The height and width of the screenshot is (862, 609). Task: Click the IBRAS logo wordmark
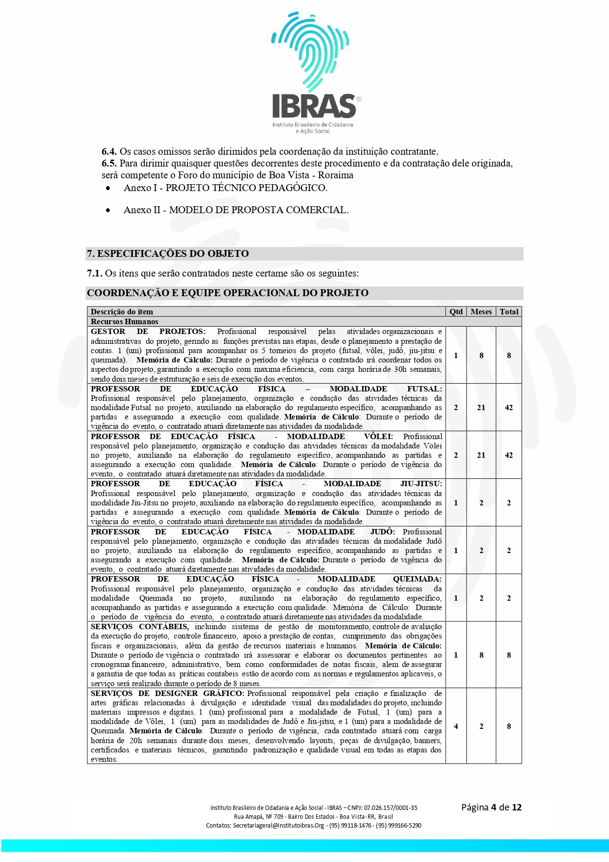[x=314, y=106]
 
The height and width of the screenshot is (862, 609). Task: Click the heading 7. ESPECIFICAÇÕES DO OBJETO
[x=168, y=254]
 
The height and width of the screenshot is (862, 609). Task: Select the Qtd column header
[x=456, y=311]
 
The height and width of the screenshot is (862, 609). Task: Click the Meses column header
[x=481, y=311]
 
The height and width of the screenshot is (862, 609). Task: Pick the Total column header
[x=509, y=311]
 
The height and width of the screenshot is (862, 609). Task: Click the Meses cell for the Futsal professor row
[x=481, y=408]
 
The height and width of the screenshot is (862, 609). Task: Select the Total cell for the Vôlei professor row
[x=509, y=455]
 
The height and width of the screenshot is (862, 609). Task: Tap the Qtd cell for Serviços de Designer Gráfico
[x=456, y=726]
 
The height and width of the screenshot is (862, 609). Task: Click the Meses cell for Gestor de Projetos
[x=481, y=355]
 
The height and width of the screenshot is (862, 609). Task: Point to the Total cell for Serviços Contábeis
[x=509, y=655]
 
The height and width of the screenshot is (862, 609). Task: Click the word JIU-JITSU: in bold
[x=421, y=484]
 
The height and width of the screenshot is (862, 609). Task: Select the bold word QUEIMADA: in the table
[x=417, y=579]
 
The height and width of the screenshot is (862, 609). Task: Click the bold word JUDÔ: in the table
[x=382, y=531]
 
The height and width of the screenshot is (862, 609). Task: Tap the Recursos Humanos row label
[x=124, y=322]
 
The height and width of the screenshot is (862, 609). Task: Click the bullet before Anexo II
[x=108, y=211]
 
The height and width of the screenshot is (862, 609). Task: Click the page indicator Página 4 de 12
[x=491, y=807]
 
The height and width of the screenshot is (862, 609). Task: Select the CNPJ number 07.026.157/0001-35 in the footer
[x=391, y=808]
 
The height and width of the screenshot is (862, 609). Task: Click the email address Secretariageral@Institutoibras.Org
[x=278, y=826]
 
